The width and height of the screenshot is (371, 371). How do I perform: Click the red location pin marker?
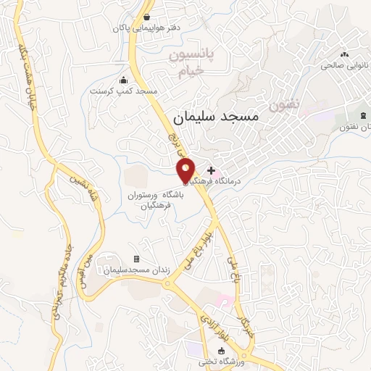coord(186,170)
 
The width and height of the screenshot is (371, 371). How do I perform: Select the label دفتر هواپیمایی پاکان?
coord(146,28)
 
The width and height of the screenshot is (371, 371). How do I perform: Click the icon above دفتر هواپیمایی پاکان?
coord(148,17)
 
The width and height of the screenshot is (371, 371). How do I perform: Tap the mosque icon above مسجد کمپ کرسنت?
coord(123,80)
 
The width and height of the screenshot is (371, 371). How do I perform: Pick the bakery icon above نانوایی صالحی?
coord(344,54)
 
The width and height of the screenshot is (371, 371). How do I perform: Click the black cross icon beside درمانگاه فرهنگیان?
coord(211,170)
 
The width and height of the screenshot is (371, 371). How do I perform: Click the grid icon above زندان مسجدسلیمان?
coord(136,259)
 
